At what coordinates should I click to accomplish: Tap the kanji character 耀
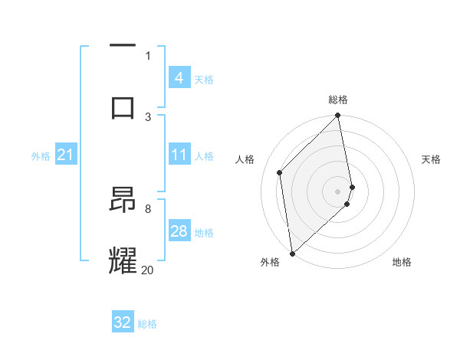point(123,259)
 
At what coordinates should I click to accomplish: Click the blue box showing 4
point(179,78)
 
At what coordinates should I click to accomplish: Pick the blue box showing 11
point(179,155)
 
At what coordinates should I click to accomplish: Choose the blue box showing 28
point(179,231)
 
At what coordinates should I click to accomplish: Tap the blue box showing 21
point(65,155)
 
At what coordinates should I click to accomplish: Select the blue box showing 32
point(123,322)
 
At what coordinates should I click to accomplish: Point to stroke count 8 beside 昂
point(148,208)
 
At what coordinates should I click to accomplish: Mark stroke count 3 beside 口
point(148,116)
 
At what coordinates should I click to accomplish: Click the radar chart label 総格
point(338,100)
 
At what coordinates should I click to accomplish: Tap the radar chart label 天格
point(431,159)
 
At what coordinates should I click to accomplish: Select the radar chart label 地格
point(402,262)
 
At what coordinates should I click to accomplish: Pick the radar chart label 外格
point(270,262)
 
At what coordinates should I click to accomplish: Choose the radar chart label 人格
point(245,159)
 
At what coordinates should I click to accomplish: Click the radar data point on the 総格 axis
point(338,116)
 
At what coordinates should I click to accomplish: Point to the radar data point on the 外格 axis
point(292,253)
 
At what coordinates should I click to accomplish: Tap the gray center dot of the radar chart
point(338,191)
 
